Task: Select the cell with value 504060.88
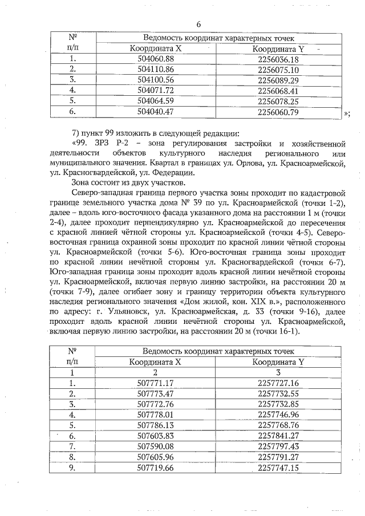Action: (x=155, y=59)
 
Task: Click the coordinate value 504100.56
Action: (x=155, y=79)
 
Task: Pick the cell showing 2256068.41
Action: (x=278, y=90)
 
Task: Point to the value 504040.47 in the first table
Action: (x=155, y=111)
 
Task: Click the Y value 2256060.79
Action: (x=278, y=111)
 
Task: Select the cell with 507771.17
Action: (x=155, y=383)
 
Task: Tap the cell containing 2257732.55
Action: (x=278, y=393)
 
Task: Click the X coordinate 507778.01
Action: (x=155, y=415)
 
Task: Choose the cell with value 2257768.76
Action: (x=278, y=425)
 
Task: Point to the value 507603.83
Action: (x=155, y=436)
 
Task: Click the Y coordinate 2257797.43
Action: (x=278, y=446)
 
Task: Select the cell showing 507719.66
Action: (x=155, y=468)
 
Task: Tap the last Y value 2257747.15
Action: (x=278, y=468)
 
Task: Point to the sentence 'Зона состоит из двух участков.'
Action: (x=126, y=183)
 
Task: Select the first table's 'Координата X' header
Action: (x=155, y=48)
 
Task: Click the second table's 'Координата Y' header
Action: (x=278, y=361)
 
